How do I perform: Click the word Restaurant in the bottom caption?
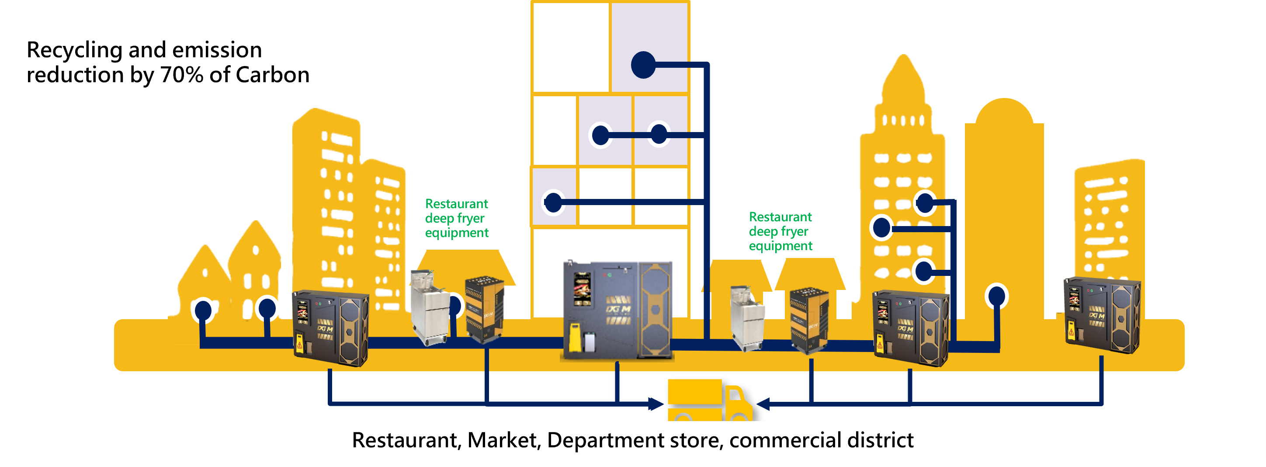click(406, 440)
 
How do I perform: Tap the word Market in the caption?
click(504, 440)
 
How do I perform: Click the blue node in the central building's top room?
click(643, 65)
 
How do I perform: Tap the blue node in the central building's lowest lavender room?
click(553, 202)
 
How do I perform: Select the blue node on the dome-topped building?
click(997, 296)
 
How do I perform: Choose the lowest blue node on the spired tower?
click(924, 270)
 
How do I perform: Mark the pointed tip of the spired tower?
click(903, 56)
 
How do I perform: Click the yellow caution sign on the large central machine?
click(573, 337)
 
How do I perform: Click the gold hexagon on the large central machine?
click(656, 309)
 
